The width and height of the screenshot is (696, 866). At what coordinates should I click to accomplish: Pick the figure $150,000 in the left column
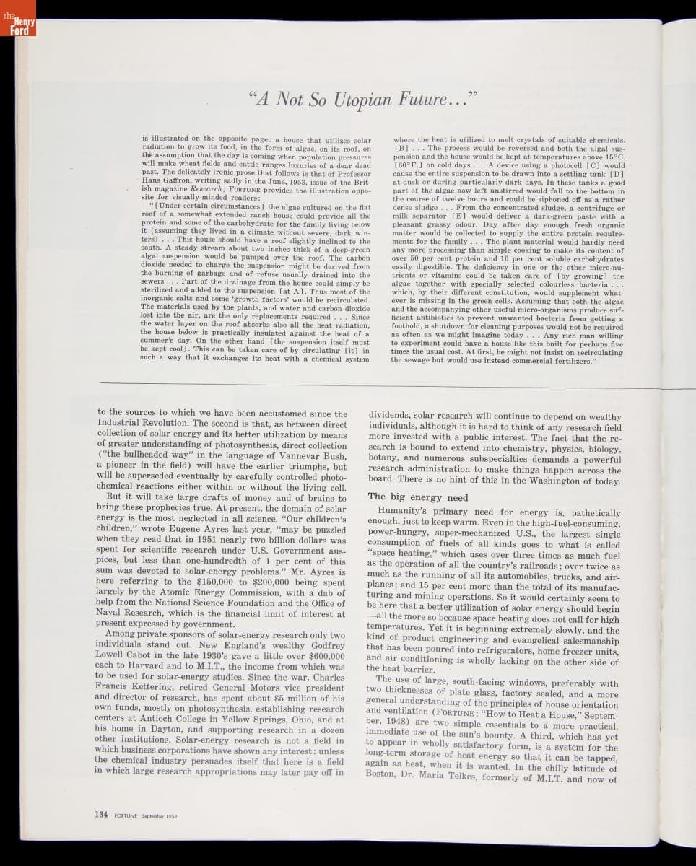[214, 580]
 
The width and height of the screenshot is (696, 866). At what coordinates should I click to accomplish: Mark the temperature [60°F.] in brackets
[409, 165]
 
